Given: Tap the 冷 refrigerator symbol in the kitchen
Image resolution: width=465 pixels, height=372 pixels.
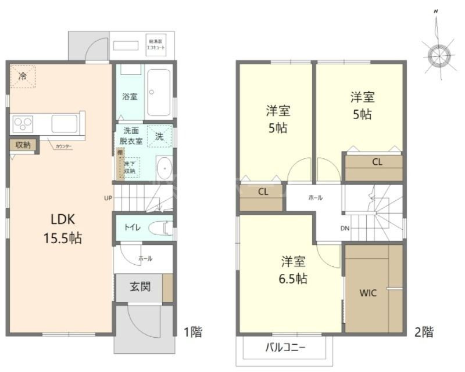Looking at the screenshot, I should click(23, 76).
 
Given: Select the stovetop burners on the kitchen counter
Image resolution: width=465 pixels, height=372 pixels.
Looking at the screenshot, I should click(23, 124).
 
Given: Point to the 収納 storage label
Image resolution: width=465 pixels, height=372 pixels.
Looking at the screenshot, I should click(23, 145).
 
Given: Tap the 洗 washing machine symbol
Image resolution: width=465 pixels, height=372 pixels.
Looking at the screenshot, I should click(159, 136).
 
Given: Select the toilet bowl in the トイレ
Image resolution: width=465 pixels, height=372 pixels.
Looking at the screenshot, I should click(159, 227).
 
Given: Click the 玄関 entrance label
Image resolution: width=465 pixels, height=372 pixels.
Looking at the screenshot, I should click(140, 287).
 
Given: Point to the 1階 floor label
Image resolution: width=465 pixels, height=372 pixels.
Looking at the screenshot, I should click(193, 333).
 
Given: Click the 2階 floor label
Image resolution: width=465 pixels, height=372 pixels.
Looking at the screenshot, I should click(424, 333).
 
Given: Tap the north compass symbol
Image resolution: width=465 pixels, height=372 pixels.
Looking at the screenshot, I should click(440, 55).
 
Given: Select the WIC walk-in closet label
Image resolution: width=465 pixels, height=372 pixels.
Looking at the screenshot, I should click(368, 293).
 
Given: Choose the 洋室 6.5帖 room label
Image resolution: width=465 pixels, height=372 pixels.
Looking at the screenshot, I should click(291, 270).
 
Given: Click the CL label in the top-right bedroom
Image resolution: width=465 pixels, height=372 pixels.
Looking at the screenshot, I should click(377, 162).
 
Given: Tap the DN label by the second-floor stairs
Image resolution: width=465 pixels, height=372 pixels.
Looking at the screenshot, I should click(345, 228).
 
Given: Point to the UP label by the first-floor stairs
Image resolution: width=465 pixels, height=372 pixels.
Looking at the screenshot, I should click(108, 198).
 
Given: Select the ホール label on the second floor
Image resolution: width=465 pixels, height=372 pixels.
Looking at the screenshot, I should click(315, 198).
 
